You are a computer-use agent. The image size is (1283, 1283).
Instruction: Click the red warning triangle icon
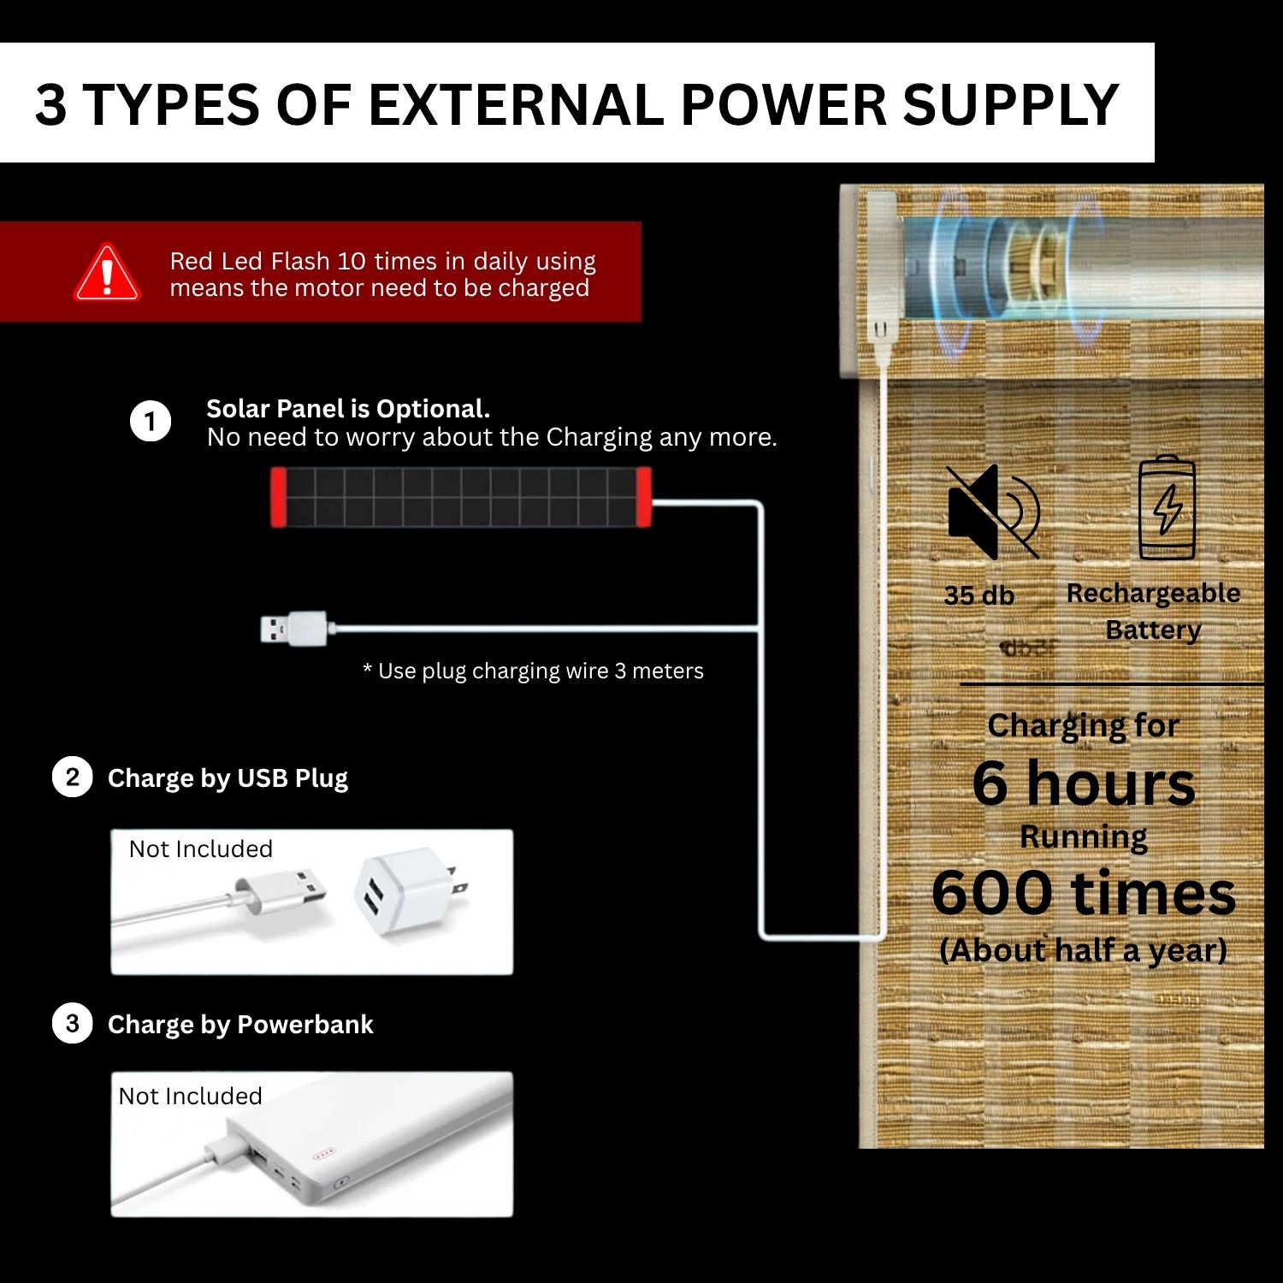(x=107, y=273)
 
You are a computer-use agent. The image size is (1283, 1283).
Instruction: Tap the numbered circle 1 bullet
(x=151, y=422)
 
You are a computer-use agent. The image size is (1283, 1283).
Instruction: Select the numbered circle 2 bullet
(x=72, y=777)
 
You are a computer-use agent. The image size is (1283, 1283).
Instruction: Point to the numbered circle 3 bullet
(x=72, y=1024)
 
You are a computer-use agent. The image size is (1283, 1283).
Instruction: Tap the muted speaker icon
(x=993, y=511)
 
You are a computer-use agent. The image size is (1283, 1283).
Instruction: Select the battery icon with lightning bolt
(x=1167, y=508)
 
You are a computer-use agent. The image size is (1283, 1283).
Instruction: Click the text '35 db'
(x=979, y=595)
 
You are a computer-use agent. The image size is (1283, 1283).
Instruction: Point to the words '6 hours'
(x=1084, y=783)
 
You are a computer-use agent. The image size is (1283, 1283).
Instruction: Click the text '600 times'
(x=1084, y=893)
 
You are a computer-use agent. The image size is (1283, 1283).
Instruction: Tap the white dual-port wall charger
(x=411, y=891)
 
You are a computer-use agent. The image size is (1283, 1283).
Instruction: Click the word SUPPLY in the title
(x=1011, y=104)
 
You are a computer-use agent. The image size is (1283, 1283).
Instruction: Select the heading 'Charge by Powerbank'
(x=240, y=1025)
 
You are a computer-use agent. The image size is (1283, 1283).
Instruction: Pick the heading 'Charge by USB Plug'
(x=228, y=778)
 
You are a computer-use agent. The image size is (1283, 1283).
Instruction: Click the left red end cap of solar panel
(x=279, y=497)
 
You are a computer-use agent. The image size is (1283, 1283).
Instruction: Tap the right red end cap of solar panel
(x=643, y=497)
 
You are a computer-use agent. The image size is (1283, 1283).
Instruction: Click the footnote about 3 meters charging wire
(x=533, y=671)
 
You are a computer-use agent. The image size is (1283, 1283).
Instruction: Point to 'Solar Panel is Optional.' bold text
(x=348, y=409)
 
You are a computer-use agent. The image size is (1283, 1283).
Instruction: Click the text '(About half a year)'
(x=1084, y=950)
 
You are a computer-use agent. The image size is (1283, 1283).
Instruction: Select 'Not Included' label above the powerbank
(x=190, y=1096)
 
